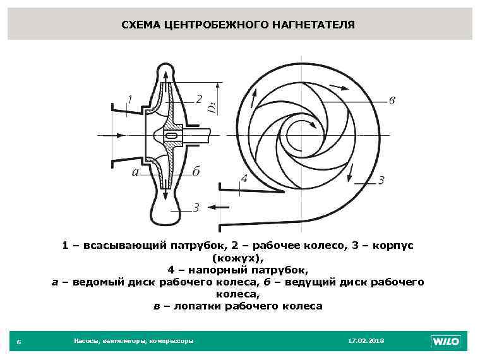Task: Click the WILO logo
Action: pos(445,341)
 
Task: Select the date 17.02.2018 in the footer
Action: pos(366,340)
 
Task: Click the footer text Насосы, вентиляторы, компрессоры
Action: pos(133,340)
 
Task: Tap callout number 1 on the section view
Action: pos(129,99)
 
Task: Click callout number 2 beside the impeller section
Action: pos(198,99)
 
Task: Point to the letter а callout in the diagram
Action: pos(135,172)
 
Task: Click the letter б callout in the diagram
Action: pos(196,172)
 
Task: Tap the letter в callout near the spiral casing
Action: pos(392,100)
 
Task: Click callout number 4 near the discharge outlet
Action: pos(243,179)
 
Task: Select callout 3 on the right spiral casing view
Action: pos(381,181)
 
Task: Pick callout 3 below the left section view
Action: pos(196,207)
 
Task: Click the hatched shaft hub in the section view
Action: pos(171,135)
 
